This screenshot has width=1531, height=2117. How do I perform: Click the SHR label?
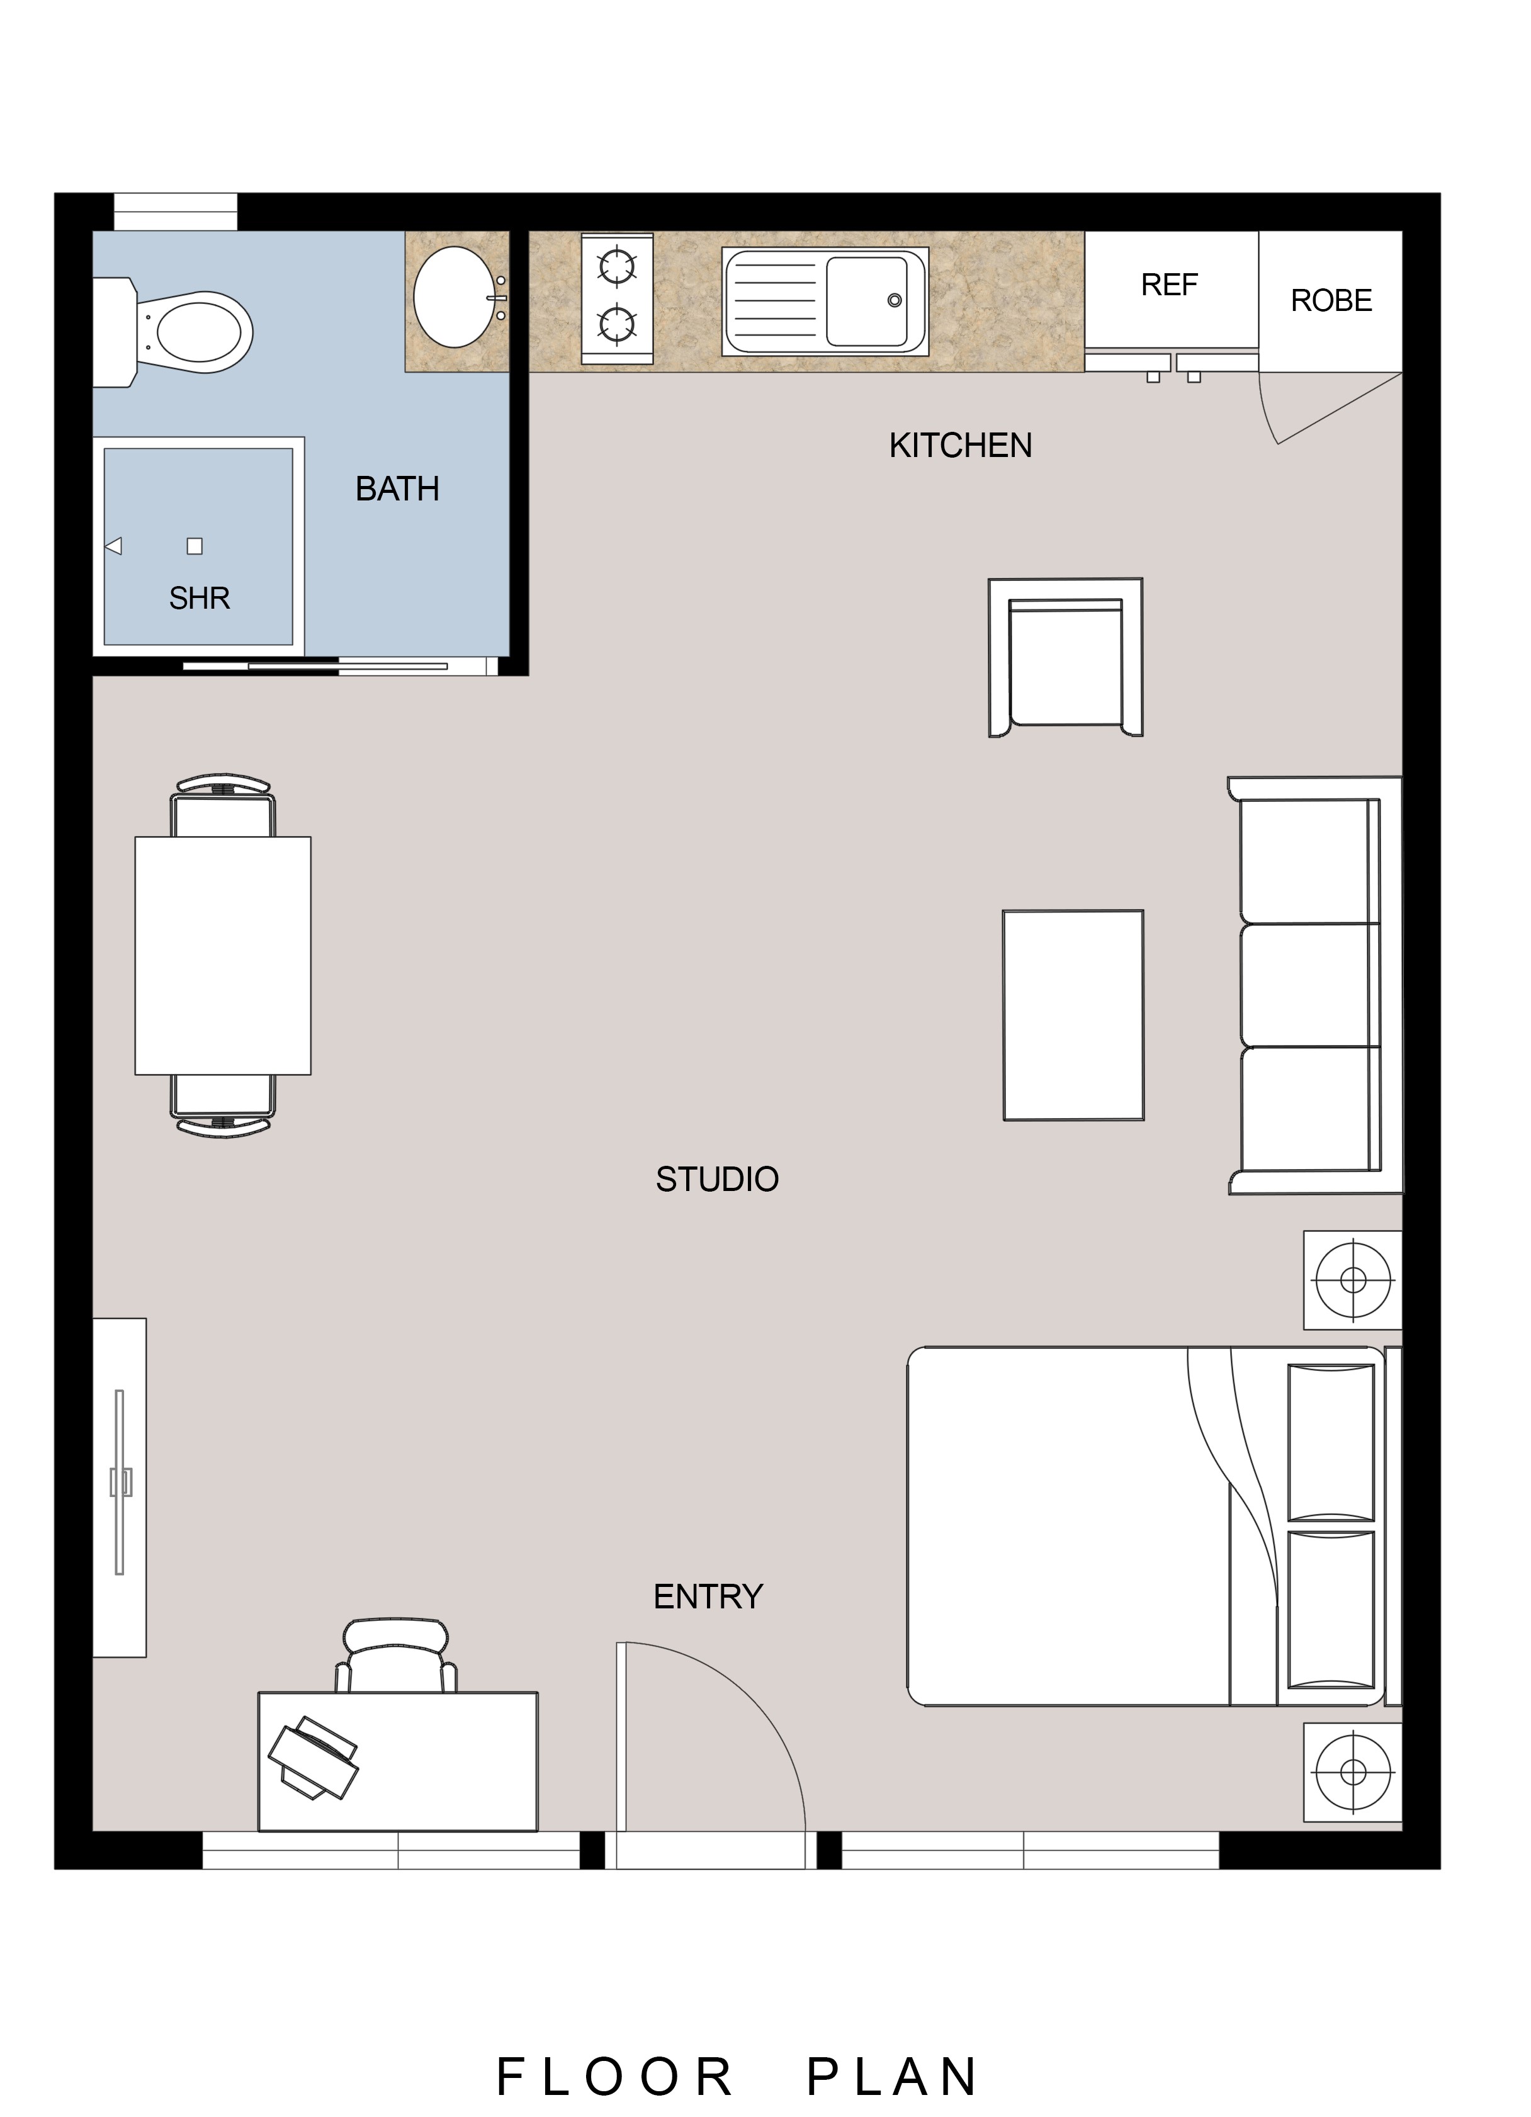200,598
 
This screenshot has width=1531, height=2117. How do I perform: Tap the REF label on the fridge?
1169,285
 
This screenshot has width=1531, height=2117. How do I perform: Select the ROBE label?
1331,300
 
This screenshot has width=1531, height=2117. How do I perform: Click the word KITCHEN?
961,446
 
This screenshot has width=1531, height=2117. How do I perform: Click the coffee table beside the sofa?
1073,1015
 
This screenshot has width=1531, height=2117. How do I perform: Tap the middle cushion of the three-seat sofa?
1310,986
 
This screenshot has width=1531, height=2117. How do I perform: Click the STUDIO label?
717,1180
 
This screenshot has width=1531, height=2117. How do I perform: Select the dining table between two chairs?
223,956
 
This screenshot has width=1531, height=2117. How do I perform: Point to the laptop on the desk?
314,1758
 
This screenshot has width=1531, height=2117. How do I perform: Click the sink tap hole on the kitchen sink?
895,300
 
